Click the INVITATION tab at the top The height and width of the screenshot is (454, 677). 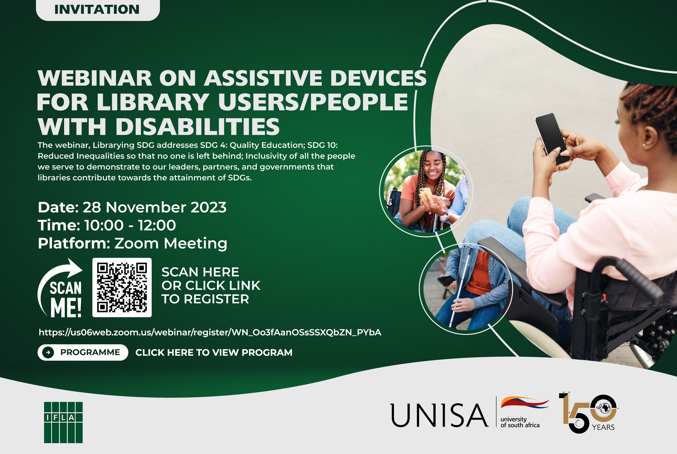97,10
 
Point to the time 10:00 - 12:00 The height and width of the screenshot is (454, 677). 130,225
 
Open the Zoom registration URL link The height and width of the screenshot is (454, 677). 210,332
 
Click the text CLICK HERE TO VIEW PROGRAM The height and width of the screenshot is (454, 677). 214,352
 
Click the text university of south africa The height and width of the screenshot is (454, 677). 520,422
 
